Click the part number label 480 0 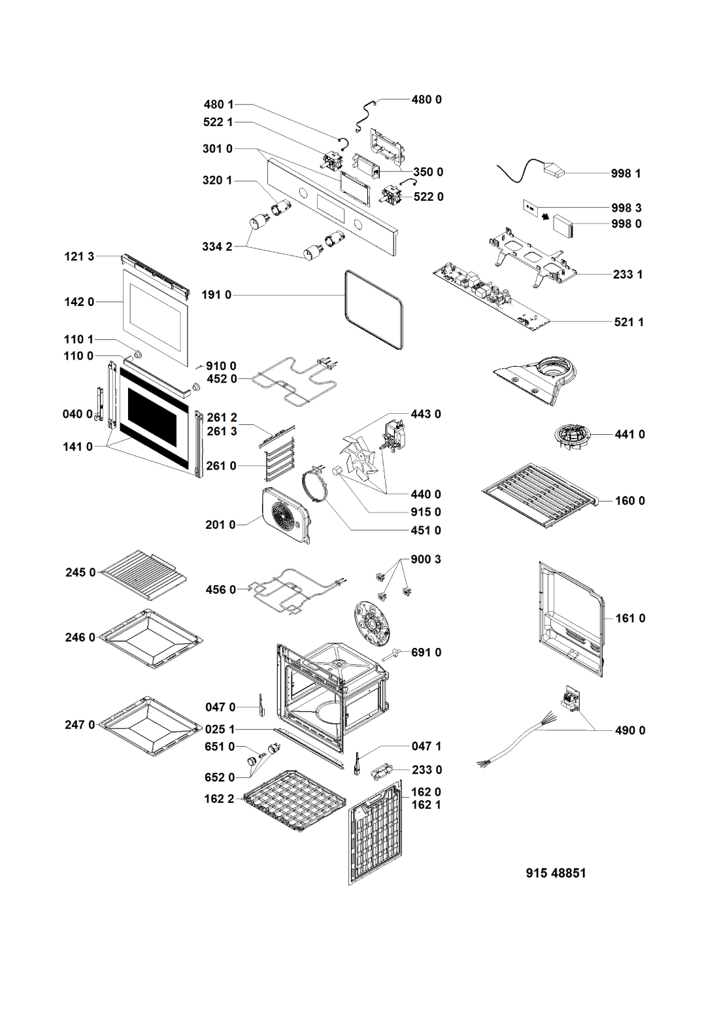click(x=426, y=100)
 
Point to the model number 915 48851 click(x=556, y=874)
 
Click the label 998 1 click(x=626, y=174)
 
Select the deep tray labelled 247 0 click(x=149, y=725)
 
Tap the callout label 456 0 click(x=220, y=590)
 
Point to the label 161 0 click(x=630, y=619)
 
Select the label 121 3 click(x=79, y=256)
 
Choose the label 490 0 click(x=630, y=731)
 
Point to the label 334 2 click(x=217, y=246)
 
